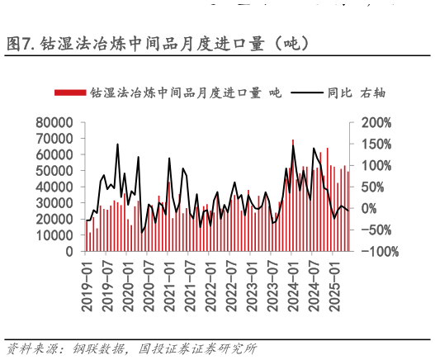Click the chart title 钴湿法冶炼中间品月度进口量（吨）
tap(175, 43)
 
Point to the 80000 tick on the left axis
tap(55, 122)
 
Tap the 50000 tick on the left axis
tap(55, 170)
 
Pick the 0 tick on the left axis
tap(70, 250)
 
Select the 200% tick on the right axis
tap(376, 122)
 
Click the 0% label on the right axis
tap(370, 208)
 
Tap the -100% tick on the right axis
tap(379, 250)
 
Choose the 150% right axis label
tap(376, 144)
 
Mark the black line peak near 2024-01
tap(293, 145)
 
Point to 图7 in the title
tap(20, 43)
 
